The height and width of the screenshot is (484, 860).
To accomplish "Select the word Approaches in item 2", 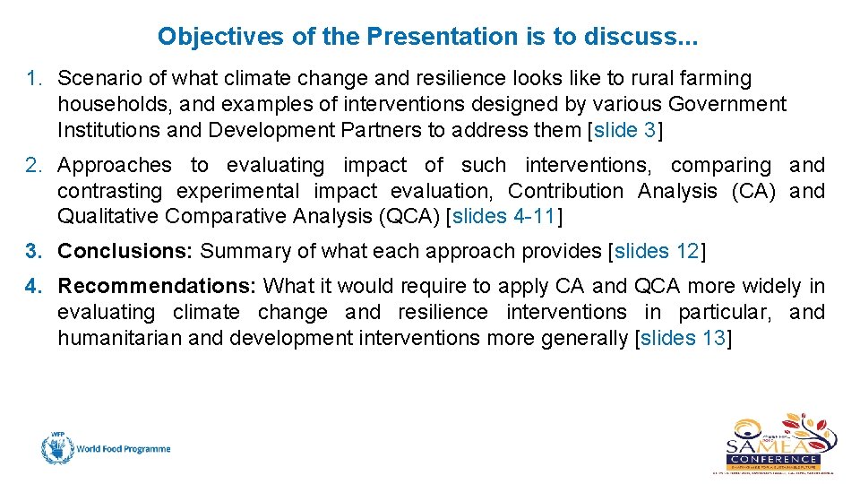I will click(114, 166).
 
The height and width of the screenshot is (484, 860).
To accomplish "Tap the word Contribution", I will click(566, 192).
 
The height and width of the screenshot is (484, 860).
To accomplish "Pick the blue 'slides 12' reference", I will click(657, 252).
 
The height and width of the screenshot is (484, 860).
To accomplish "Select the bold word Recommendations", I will click(158, 287).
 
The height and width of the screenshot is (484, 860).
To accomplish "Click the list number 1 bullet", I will click(33, 79).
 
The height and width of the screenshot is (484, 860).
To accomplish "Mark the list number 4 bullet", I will click(33, 287).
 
